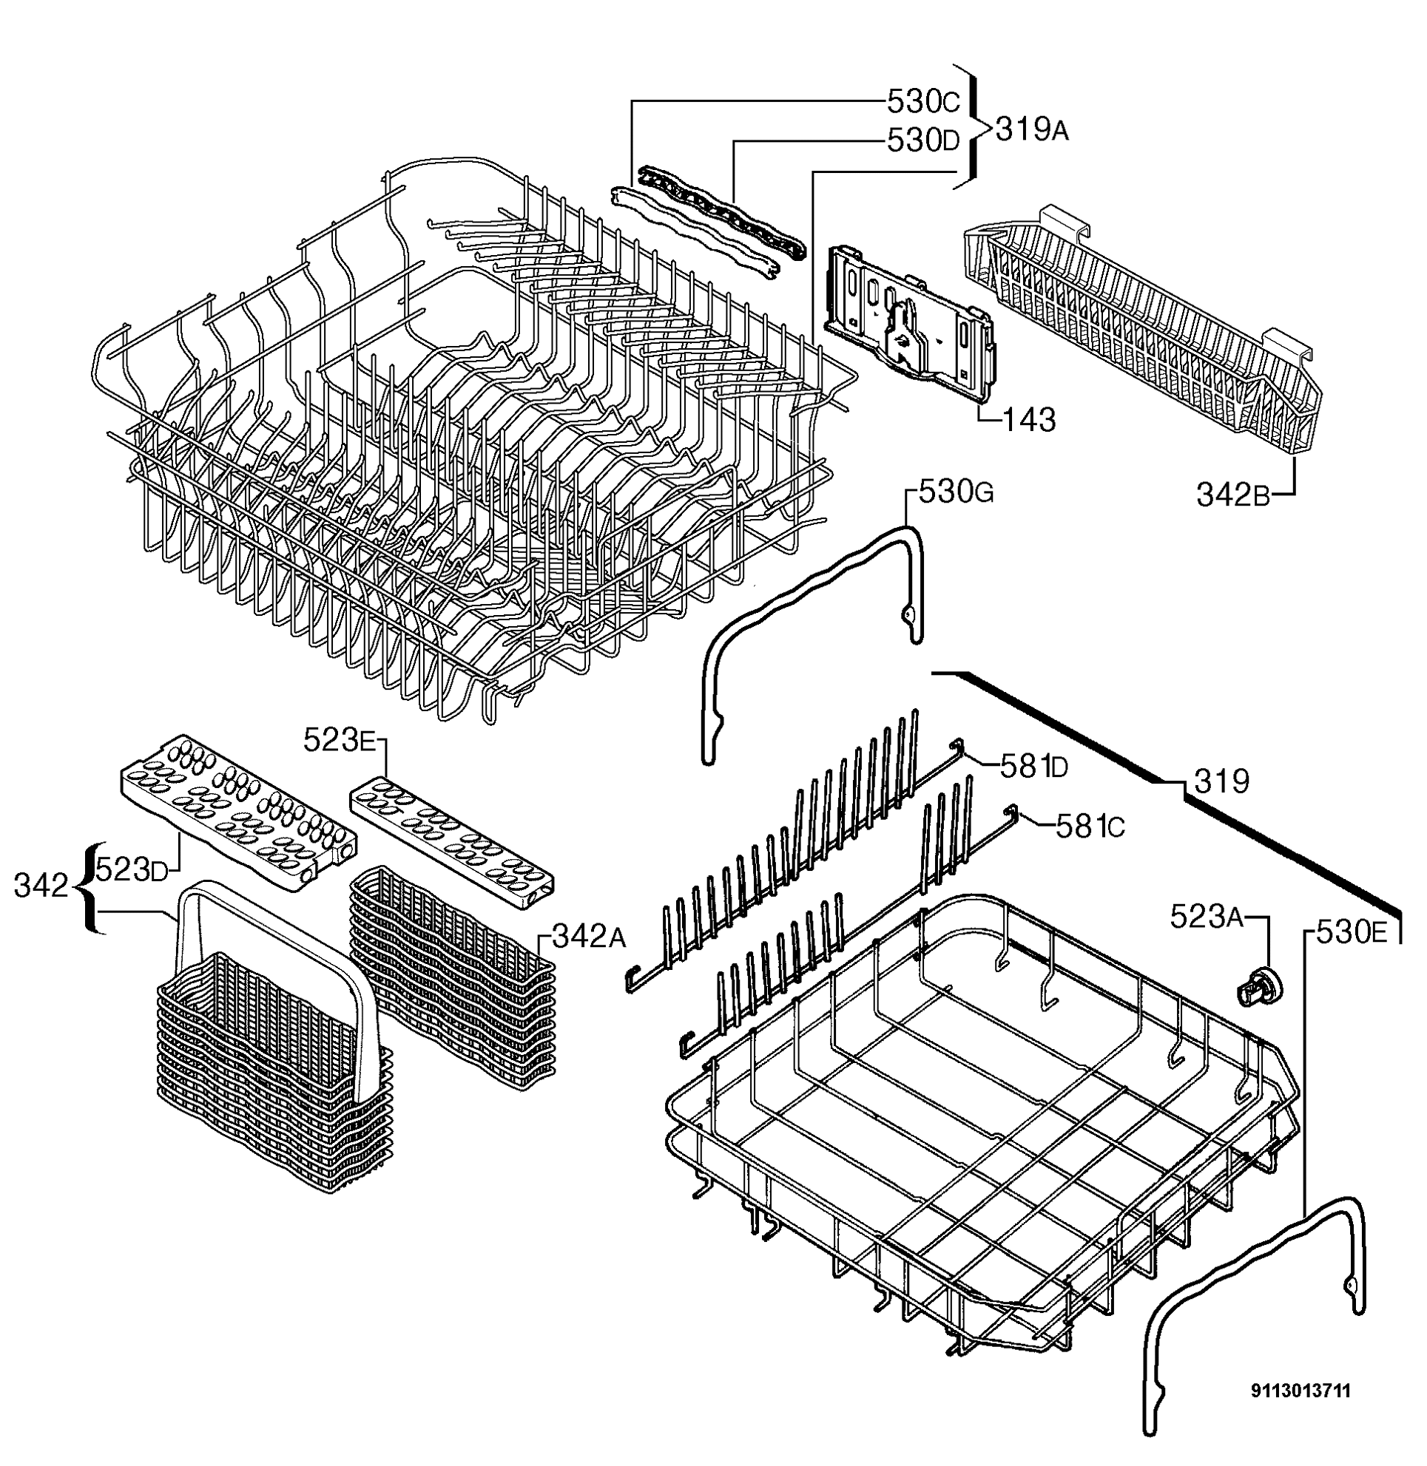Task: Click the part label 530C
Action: [x=922, y=101]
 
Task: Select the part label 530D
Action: [x=922, y=140]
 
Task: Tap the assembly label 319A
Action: [x=1032, y=130]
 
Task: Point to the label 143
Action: [x=1029, y=420]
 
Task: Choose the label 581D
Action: [x=1033, y=766]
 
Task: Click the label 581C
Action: [x=1090, y=827]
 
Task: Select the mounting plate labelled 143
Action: [x=910, y=322]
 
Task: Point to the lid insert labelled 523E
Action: [x=453, y=844]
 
